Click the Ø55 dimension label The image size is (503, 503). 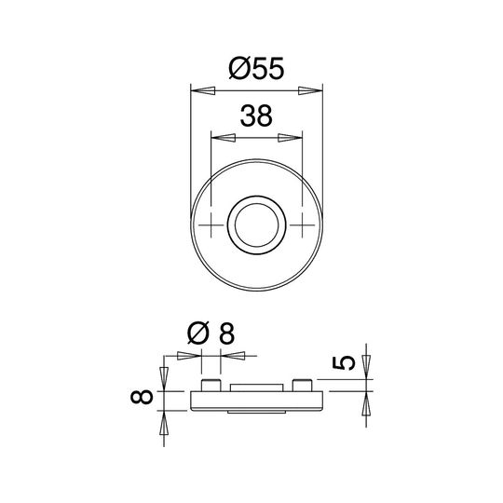coord(256,68)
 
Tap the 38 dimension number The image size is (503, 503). coord(256,116)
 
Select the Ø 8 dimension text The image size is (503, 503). coord(211,333)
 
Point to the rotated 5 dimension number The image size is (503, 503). coord(344,363)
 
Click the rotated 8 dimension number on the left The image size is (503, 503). coord(141,397)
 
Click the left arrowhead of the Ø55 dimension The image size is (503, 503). coord(203,90)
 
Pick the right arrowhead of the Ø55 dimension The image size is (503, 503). coord(310,90)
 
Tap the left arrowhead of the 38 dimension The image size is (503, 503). coord(224,138)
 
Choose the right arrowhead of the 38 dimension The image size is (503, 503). coord(290,138)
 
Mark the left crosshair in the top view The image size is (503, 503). coord(211,225)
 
